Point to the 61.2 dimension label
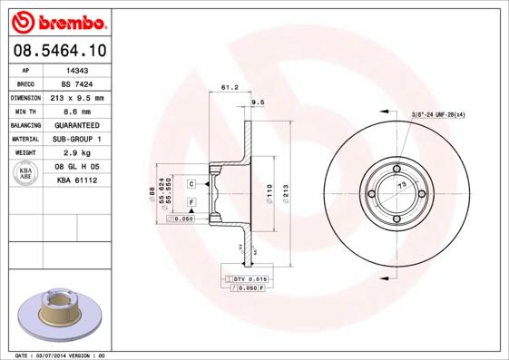[x=229, y=89]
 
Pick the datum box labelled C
[x=191, y=184]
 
